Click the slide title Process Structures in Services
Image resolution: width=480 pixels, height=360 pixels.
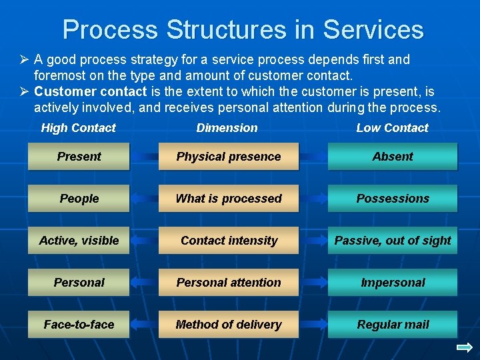coord(243,29)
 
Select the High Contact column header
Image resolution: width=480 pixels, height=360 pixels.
coord(78,128)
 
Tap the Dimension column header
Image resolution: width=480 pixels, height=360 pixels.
coord(227,128)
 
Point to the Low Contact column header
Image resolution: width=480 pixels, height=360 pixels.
coord(392,128)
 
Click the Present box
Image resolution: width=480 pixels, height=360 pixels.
coord(79,157)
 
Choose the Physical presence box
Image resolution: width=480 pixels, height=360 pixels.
coord(229,157)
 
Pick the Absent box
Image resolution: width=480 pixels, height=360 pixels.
coord(393,157)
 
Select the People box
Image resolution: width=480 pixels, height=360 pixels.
coord(79,199)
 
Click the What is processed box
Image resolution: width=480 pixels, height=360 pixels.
coord(229,199)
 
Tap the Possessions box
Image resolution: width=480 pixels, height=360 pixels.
coord(393,199)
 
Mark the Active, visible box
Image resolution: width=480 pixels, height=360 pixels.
coord(79,241)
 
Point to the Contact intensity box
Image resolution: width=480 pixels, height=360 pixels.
coord(229,241)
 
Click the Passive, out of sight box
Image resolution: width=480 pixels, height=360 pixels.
coord(393,241)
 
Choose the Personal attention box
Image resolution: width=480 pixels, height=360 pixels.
coord(229,283)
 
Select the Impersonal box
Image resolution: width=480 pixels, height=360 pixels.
coord(393,283)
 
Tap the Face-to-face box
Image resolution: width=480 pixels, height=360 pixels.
coord(79,325)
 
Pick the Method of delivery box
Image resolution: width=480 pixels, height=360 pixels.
coord(229,325)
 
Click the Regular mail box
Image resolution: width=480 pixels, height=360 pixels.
coord(393,325)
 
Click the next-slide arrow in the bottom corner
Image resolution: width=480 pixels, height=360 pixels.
coord(465,347)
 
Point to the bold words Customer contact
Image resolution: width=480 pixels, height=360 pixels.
coord(90,91)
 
